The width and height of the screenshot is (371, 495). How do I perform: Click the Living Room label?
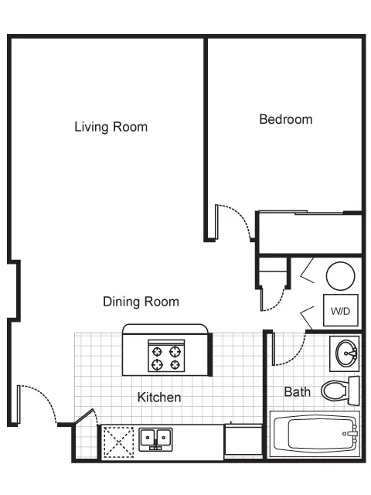111,127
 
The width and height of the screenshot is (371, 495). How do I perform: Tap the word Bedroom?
285,119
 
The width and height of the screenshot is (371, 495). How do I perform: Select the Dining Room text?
141,302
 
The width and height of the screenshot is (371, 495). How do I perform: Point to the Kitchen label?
159,398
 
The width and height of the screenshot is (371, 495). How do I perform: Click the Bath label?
298,391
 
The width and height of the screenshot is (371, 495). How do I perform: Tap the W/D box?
340,311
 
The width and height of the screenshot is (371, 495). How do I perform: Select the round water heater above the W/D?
340,275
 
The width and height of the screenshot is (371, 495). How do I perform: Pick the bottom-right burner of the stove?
175,365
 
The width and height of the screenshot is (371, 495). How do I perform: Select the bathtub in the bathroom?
314,434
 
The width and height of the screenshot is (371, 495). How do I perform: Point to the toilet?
337,390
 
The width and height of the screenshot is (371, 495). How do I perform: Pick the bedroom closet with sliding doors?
309,232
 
